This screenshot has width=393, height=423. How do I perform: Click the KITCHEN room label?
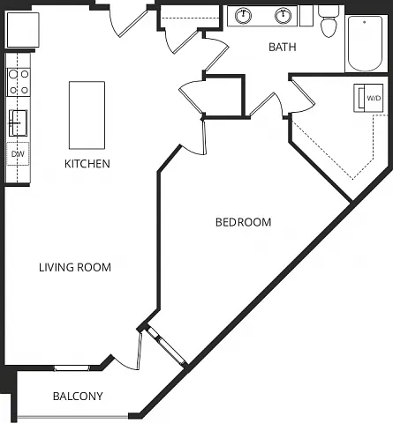tap(87, 164)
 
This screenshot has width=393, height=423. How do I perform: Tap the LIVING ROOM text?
tap(75, 267)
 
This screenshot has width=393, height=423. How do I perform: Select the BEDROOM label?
tap(243, 222)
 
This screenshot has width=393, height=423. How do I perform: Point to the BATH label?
tap(283, 47)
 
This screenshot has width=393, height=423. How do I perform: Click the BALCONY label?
tap(78, 397)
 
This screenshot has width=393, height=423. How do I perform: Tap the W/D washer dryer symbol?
tap(368, 98)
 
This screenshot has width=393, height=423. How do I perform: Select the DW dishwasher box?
tap(18, 154)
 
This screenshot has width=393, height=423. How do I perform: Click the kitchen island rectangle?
tap(87, 115)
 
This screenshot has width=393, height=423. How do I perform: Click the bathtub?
tap(365, 43)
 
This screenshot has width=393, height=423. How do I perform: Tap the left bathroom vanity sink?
tap(244, 15)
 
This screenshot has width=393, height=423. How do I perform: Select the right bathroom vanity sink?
tap(283, 15)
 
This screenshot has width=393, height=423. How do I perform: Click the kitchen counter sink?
tap(18, 123)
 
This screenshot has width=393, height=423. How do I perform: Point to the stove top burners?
tap(19, 82)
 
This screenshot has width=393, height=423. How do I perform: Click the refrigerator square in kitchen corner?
tap(23, 30)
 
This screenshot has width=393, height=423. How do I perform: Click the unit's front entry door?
tap(128, 22)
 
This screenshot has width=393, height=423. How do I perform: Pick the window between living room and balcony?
tap(72, 368)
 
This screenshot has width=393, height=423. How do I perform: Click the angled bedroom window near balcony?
tap(166, 346)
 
